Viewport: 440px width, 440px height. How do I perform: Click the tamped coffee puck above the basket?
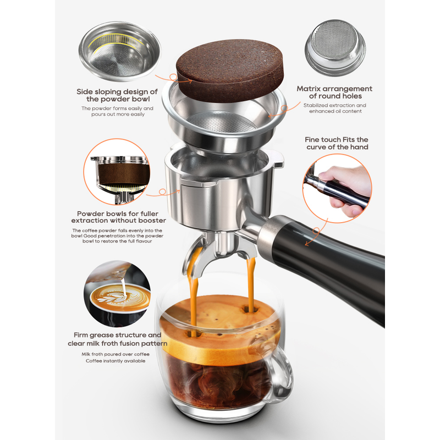coord(230,70)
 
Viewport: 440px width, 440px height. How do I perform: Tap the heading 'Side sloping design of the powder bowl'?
coord(117,95)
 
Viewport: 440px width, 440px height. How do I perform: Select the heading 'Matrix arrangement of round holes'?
coord(334,92)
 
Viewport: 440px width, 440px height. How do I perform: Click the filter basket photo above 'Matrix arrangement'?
coord(335,48)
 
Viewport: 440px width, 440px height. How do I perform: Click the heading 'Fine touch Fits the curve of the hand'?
coord(337,143)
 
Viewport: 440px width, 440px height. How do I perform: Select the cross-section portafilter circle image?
coord(117,172)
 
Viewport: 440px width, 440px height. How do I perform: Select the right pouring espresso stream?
coord(251,283)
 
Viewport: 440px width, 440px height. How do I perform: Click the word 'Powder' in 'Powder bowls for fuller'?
coord(89,213)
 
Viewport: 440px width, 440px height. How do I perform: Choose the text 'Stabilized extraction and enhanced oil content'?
coord(335,108)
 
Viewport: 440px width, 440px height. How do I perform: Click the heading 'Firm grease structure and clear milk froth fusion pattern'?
coord(117,339)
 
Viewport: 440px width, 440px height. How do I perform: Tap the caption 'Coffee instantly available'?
coord(116,361)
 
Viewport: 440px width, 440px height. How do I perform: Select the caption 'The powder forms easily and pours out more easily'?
coord(118,111)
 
